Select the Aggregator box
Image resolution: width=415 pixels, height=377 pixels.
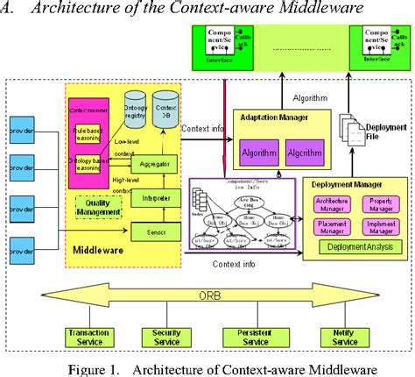tap(155, 164)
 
